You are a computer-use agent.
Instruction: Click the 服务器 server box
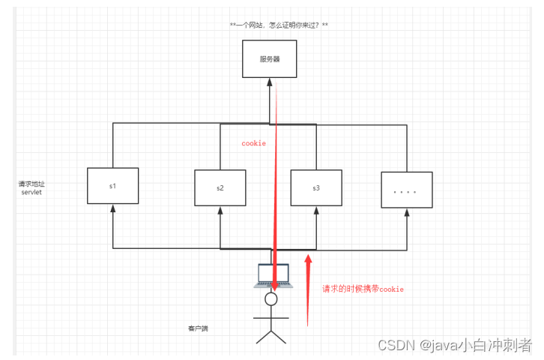(270, 58)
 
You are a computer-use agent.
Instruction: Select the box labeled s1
(112, 184)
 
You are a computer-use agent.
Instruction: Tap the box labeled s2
(220, 187)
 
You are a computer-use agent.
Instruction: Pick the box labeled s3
(316, 187)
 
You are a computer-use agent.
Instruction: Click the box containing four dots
(406, 191)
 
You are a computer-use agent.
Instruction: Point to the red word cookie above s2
(253, 142)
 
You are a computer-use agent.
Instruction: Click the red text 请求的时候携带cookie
(363, 289)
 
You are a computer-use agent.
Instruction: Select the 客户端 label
(198, 328)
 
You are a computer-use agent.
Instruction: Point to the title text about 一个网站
(279, 25)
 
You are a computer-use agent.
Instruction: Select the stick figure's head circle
(271, 299)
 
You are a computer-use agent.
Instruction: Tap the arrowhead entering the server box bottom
(270, 82)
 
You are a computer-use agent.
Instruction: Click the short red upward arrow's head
(308, 260)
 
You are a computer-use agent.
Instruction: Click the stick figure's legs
(271, 333)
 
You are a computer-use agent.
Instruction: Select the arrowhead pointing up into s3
(316, 211)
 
